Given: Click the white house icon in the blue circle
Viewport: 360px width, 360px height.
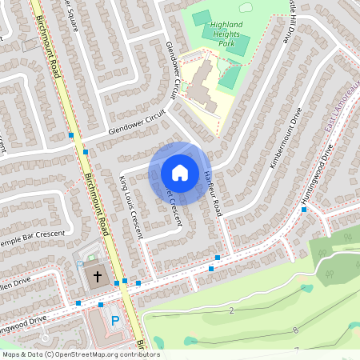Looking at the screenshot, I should (x=180, y=172).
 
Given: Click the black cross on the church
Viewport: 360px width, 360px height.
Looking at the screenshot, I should (x=98, y=277).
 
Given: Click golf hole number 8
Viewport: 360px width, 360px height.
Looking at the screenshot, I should (x=296, y=330).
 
